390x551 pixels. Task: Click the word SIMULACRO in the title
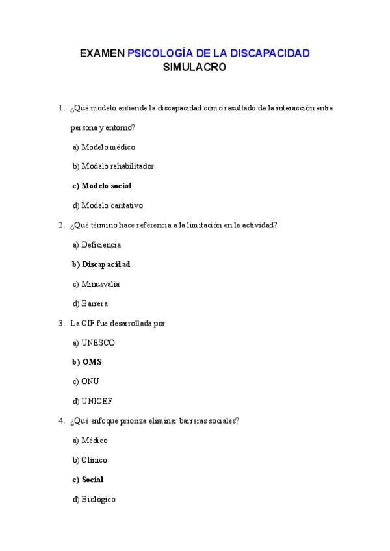tap(194, 66)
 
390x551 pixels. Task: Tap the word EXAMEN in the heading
tap(102, 53)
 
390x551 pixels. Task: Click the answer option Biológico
tap(98, 499)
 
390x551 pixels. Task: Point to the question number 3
tap(60, 323)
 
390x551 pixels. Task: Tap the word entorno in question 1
tap(118, 128)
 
